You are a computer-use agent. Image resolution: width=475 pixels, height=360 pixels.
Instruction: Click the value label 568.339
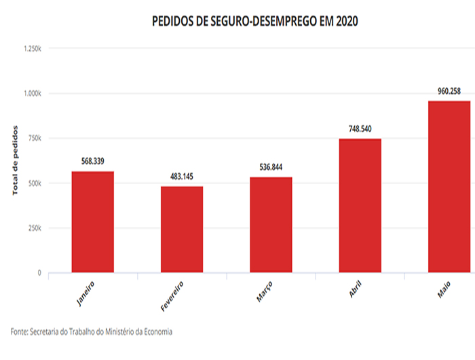(92, 162)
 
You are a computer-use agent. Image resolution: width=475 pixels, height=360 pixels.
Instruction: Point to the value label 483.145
(182, 177)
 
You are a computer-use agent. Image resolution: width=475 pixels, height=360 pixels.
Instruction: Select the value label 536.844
(271, 167)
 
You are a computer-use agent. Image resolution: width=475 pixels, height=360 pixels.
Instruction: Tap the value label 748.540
(360, 128)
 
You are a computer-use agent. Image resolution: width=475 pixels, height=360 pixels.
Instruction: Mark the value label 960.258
(449, 90)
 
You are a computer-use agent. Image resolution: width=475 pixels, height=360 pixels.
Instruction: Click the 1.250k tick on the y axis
(33, 49)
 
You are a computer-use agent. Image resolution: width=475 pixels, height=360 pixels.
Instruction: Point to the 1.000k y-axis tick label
(33, 94)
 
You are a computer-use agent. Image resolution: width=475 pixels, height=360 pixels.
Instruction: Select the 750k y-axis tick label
(35, 139)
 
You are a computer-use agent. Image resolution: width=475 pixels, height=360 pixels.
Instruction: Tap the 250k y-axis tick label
(35, 228)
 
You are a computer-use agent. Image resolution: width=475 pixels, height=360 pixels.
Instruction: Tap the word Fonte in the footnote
(20, 331)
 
